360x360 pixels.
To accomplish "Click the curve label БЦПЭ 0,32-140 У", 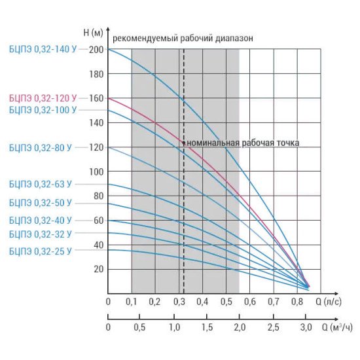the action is [43, 49].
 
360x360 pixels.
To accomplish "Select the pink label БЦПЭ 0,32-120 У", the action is [43, 98].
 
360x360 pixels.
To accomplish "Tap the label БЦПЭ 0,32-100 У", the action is [43, 110].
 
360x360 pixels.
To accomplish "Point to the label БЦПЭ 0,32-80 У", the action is [41, 148].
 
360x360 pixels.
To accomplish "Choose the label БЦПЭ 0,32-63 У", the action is [41, 184].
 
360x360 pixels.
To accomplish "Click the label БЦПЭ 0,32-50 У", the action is [41, 203].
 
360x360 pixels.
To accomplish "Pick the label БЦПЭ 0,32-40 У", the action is [41, 221].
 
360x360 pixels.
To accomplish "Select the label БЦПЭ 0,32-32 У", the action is [41, 234].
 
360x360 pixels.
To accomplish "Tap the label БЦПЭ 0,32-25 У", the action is [41, 251].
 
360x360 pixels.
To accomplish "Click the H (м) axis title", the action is [93, 33].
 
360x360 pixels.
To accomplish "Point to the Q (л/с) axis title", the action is [329, 302].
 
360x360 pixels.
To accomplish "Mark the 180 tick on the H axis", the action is [96, 74].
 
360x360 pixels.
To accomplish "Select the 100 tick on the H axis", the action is [96, 171].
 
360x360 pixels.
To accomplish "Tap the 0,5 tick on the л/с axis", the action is [226, 302].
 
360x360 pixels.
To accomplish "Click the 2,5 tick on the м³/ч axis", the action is [274, 327].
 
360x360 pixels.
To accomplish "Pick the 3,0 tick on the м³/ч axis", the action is [306, 327].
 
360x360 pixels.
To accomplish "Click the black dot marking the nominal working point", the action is [184, 143].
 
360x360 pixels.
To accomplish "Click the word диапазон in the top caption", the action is [234, 39].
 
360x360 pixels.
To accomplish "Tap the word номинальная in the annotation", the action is [213, 143].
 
